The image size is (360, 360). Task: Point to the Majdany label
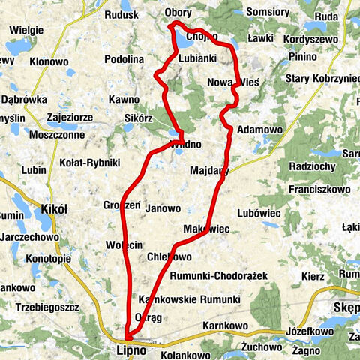click(x=209, y=170)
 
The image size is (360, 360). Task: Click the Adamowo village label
click(x=259, y=130)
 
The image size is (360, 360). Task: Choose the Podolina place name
click(x=124, y=59)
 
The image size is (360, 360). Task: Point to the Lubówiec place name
click(x=258, y=214)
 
